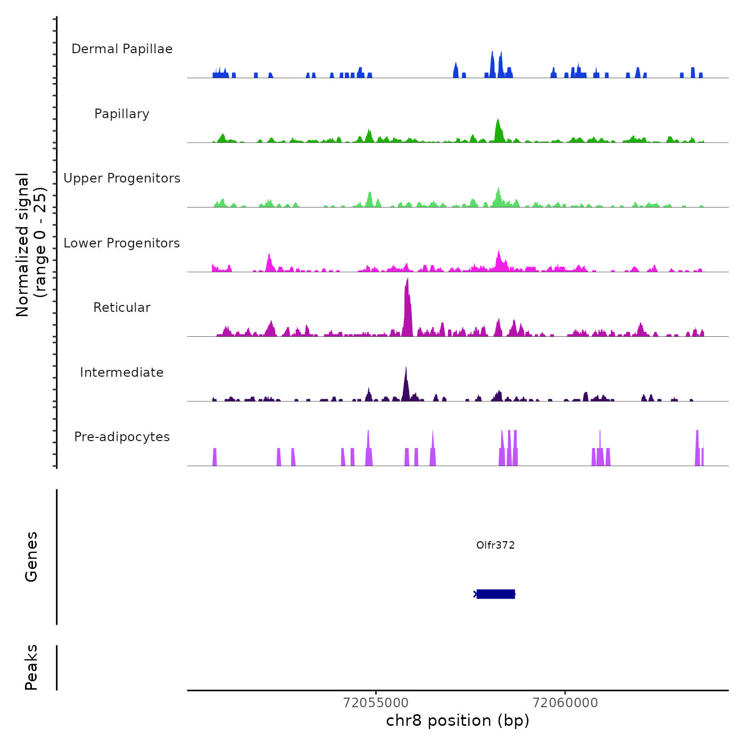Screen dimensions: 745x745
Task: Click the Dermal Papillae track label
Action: click(x=122, y=49)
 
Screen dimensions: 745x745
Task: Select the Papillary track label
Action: click(x=122, y=114)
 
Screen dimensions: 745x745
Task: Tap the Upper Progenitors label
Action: click(x=122, y=178)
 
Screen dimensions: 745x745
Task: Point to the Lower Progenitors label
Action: click(x=122, y=243)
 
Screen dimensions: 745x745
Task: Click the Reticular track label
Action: click(x=122, y=308)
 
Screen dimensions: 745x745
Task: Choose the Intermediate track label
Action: click(x=122, y=372)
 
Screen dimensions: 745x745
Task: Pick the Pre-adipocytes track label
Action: click(x=122, y=437)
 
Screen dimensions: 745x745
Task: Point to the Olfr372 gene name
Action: click(x=495, y=545)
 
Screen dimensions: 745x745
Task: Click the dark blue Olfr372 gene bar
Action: click(x=495, y=594)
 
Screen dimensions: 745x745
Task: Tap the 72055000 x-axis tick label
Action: click(x=376, y=703)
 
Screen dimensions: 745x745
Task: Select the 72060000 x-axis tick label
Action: click(x=565, y=703)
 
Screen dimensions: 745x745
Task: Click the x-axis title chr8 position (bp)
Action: click(x=458, y=721)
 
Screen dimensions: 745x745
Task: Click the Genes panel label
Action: click(x=31, y=557)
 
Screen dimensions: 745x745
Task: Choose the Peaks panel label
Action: click(x=31, y=667)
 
